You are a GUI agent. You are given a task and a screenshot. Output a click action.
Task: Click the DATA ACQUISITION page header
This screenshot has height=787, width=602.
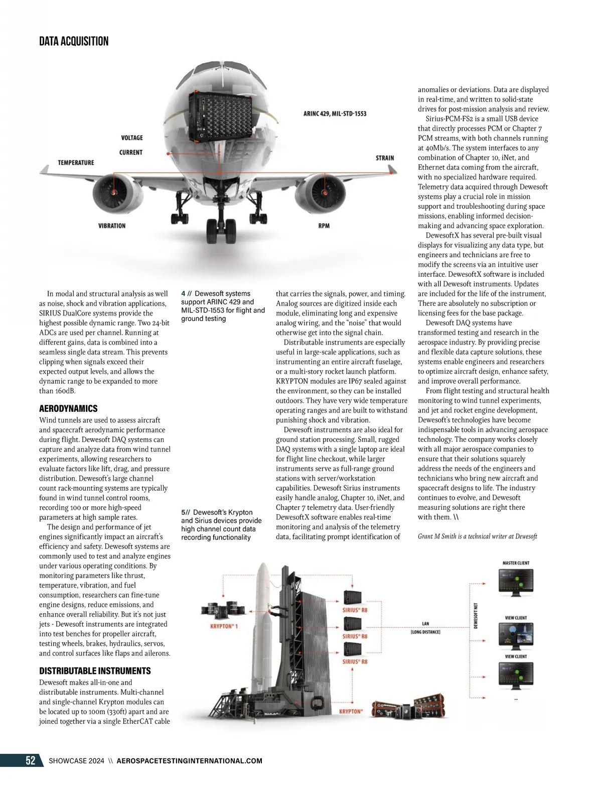[x=74, y=41]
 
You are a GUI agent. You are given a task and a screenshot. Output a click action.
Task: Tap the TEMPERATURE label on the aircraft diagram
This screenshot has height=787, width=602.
[x=76, y=163]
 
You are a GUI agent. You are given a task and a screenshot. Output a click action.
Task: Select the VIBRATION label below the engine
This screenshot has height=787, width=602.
[x=111, y=226]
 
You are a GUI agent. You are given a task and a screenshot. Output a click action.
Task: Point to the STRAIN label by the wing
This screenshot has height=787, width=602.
[x=385, y=158]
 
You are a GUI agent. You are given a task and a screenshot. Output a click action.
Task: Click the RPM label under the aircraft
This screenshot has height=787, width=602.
[x=324, y=226]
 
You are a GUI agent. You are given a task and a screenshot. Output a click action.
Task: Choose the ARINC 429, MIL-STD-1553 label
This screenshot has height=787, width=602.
[x=335, y=114]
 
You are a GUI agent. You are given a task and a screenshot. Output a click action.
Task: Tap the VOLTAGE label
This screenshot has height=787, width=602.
[x=132, y=138]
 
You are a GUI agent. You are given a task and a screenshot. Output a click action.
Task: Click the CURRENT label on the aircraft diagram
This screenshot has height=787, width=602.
[x=131, y=153]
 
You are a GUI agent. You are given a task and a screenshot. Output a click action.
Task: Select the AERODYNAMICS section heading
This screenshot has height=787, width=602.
[x=68, y=409]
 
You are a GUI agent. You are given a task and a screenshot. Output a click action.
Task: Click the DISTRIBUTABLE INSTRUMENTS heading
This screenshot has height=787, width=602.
[x=95, y=671]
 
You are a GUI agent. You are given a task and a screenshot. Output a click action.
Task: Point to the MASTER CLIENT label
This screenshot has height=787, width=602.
[x=516, y=563]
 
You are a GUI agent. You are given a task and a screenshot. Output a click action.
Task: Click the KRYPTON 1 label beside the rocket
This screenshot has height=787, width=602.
[x=224, y=626]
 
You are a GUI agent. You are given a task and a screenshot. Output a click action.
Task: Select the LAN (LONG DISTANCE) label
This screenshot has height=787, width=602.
[x=425, y=627]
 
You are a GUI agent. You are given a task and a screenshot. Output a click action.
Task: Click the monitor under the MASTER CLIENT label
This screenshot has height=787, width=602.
[x=515, y=583]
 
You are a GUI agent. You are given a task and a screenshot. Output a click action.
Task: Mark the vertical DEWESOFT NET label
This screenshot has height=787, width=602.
[x=475, y=616]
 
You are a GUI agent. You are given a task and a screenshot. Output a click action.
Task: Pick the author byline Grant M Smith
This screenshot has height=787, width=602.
[x=477, y=536]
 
